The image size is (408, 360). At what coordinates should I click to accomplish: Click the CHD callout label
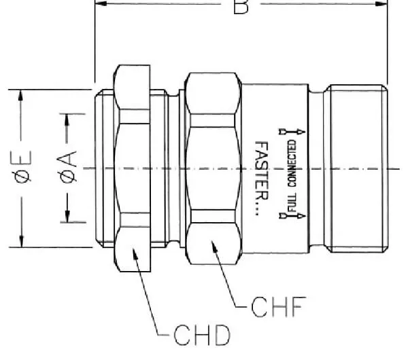[202, 335]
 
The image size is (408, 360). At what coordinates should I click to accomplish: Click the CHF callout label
[278, 307]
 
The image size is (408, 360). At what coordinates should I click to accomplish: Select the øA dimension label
[67, 167]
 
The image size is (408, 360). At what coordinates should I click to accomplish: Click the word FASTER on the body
[261, 170]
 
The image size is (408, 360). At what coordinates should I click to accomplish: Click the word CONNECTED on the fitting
[292, 163]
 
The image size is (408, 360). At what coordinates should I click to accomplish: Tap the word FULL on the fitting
[292, 202]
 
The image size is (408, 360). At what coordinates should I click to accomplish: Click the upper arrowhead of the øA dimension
[67, 120]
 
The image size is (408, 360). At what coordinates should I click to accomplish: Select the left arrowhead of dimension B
[101, 3]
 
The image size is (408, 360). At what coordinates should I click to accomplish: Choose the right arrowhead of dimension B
[381, 3]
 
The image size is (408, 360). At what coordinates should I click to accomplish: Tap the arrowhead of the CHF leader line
[214, 247]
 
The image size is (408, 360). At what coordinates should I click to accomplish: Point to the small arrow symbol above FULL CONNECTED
[292, 132]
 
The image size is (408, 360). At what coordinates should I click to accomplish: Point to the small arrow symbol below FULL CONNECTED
[292, 216]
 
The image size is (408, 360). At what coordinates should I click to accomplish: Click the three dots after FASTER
[257, 209]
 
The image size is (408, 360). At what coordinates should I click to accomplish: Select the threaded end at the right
[357, 168]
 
